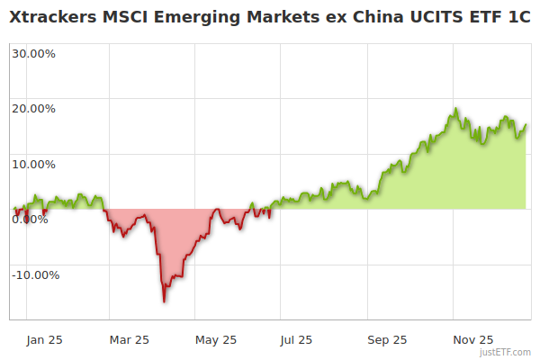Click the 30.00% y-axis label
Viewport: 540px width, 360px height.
(x=33, y=53)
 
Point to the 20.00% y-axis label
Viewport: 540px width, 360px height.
(x=33, y=109)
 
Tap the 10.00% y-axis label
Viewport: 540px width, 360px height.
(x=33, y=164)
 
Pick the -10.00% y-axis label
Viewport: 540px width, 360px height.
(x=35, y=274)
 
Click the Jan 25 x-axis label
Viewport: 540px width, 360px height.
(x=44, y=339)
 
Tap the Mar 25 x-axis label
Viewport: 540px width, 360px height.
(x=129, y=339)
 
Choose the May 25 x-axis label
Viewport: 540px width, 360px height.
(x=215, y=339)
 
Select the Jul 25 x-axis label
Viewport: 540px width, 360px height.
(x=296, y=339)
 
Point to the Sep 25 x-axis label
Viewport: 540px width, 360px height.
(x=386, y=339)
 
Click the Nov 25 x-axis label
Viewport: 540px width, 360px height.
(x=472, y=339)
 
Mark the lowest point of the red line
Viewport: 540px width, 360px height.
(x=164, y=301)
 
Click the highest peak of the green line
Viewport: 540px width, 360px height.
(x=456, y=109)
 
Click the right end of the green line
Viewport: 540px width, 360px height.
(x=526, y=125)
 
